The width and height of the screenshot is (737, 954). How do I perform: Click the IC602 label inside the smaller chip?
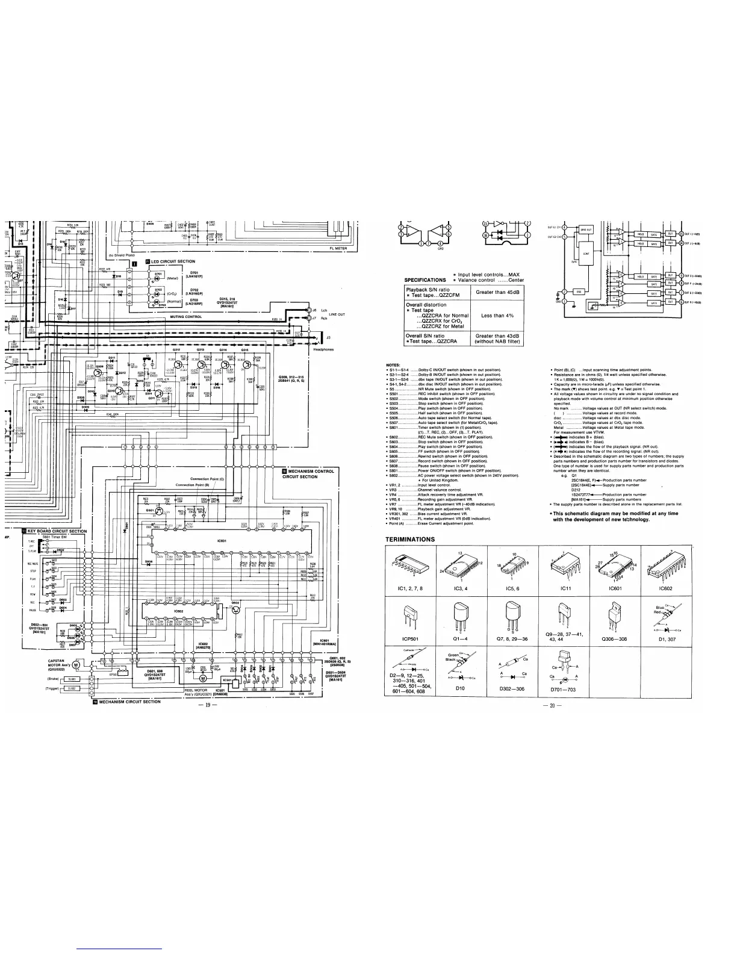(178, 611)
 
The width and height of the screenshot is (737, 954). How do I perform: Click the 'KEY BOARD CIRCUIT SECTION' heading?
(57, 531)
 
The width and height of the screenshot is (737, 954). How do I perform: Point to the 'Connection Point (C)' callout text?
(207, 479)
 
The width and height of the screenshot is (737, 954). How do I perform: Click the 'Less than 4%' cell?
(497, 315)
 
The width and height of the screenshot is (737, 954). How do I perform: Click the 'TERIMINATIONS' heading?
(410, 539)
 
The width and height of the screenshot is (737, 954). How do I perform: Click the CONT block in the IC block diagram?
(586, 254)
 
